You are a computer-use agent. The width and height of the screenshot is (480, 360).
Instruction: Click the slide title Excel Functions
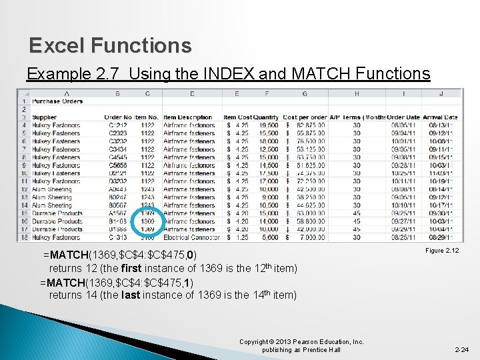[x=110, y=45]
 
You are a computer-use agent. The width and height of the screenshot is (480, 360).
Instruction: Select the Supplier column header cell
[x=46, y=117]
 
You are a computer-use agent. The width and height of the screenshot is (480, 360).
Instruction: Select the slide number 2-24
[x=461, y=349]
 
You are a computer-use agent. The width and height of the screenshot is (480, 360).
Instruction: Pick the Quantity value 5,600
[x=269, y=237]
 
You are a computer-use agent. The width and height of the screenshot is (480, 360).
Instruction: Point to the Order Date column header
[x=403, y=117]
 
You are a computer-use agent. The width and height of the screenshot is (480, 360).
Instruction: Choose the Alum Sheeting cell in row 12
[x=52, y=189]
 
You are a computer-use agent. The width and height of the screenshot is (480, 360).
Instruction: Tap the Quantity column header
[x=266, y=117]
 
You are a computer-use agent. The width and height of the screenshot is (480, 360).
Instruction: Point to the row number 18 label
[x=23, y=237]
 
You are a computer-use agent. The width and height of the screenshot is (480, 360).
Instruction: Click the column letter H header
[x=357, y=93]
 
